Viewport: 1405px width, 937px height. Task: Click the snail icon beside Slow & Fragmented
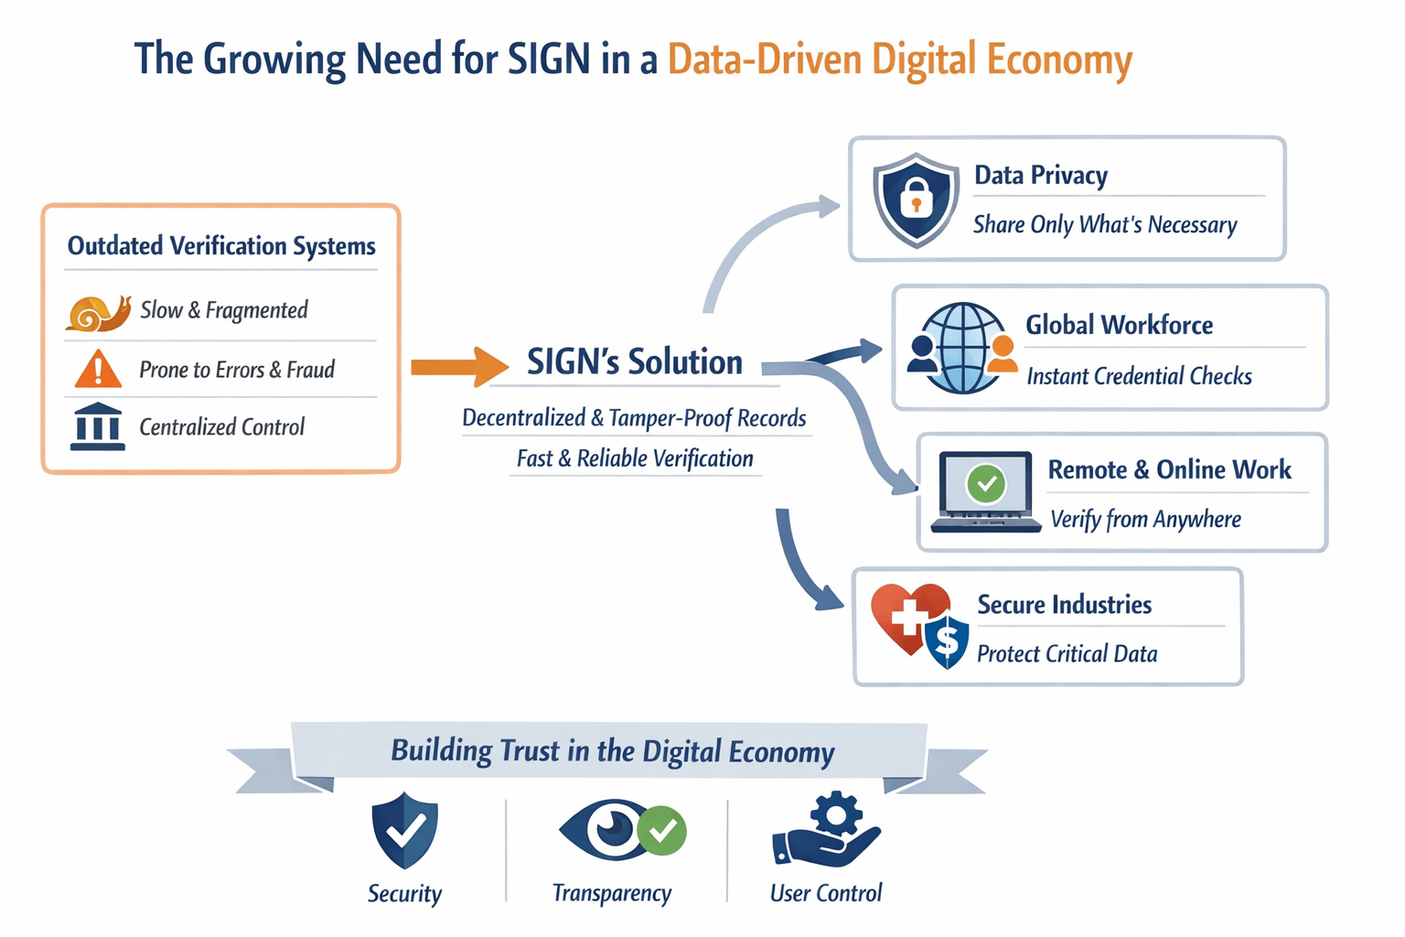[98, 313]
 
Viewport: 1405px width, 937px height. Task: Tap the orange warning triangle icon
[98, 370]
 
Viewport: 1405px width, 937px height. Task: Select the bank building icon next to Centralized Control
[97, 426]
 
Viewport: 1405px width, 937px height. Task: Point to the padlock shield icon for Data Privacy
[916, 199]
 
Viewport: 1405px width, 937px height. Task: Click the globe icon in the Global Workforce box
[962, 348]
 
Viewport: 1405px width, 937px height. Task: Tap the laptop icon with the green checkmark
[986, 491]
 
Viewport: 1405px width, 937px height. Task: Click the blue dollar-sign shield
[948, 640]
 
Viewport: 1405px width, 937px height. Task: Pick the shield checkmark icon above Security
[404, 830]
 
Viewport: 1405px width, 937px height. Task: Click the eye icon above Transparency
[609, 829]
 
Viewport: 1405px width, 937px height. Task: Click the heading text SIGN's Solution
[635, 362]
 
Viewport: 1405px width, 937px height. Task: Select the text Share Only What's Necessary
[1105, 225]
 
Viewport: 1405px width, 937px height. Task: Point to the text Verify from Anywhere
[1145, 520]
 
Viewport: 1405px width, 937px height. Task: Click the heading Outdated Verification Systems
[221, 246]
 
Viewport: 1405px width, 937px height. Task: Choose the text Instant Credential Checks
[1139, 376]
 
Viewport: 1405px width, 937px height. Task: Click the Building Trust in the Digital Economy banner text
[612, 751]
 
